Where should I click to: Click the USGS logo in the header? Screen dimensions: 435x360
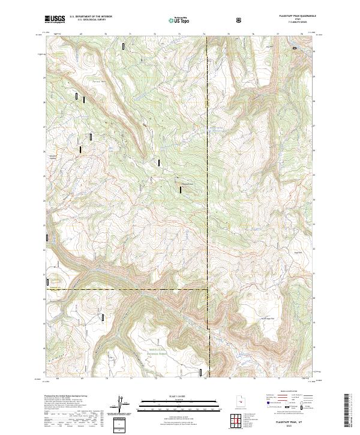[x=55, y=19]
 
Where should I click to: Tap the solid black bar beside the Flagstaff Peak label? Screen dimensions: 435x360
[x=180, y=190]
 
